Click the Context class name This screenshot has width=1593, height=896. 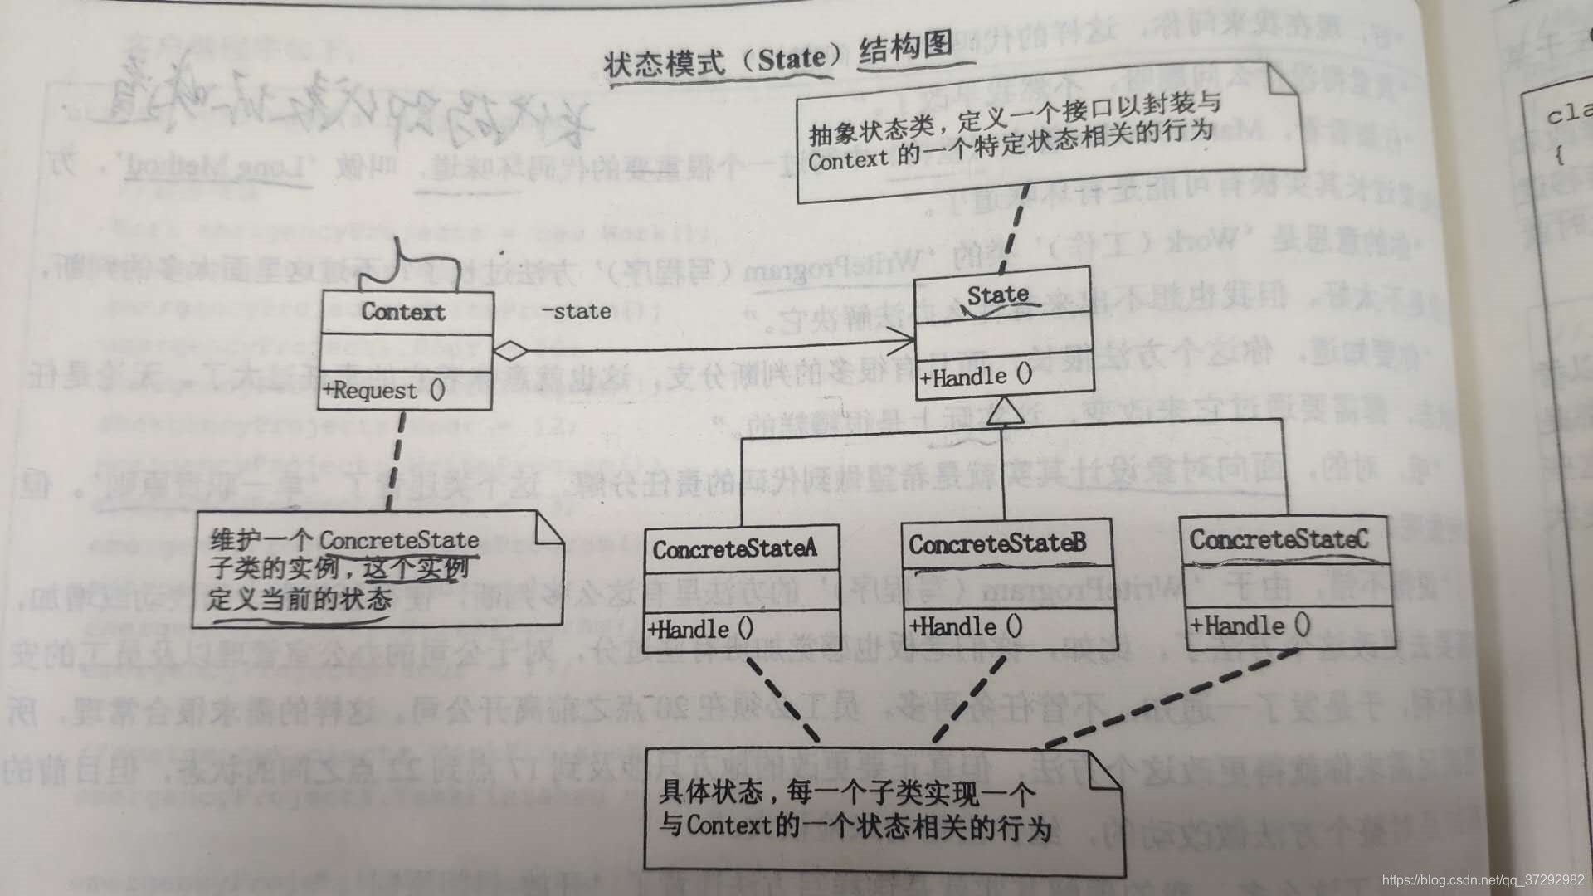click(x=404, y=312)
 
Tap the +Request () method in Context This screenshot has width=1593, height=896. click(x=384, y=390)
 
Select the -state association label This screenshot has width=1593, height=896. click(x=577, y=311)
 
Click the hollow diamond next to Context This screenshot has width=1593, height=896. click(x=510, y=350)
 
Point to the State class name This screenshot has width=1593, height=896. click(x=998, y=295)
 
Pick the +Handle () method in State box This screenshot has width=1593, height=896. click(x=976, y=377)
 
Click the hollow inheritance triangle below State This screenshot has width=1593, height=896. click(x=1002, y=411)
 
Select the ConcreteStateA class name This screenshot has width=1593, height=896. click(x=734, y=549)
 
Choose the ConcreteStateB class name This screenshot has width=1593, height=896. click(x=997, y=544)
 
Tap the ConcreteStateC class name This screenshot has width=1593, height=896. click(x=1279, y=540)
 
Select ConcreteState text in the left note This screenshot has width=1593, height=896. click(x=399, y=540)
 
